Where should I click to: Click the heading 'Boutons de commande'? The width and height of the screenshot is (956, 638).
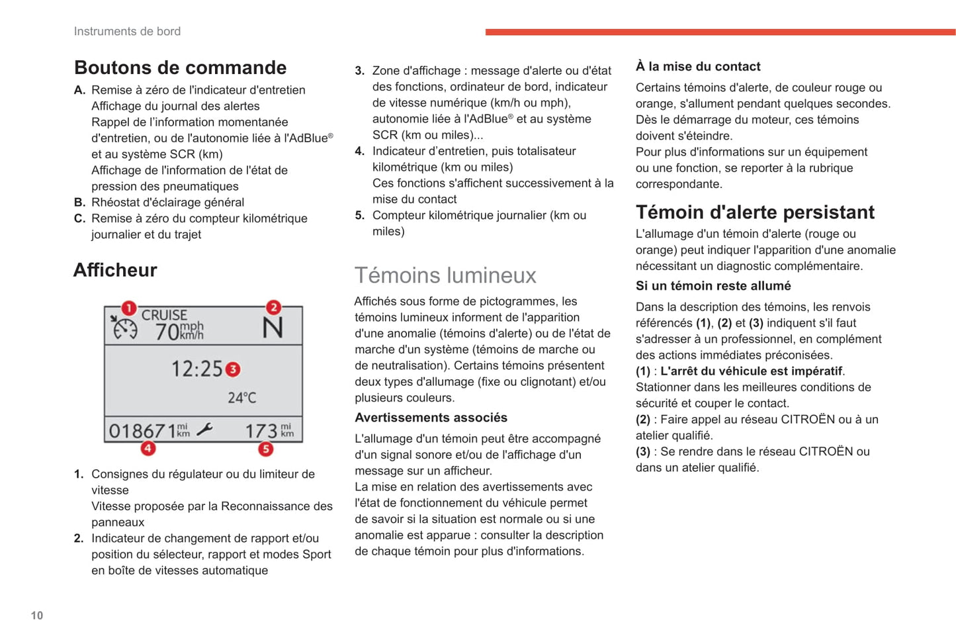click(x=180, y=68)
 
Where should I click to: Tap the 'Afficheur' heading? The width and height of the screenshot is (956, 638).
click(x=115, y=270)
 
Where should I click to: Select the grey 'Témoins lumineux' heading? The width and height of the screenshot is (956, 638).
click(x=445, y=275)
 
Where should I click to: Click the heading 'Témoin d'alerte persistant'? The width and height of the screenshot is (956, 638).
click(x=755, y=212)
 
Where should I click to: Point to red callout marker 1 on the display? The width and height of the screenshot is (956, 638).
click(x=128, y=308)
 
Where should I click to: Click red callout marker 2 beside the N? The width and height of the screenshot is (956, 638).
click(x=273, y=308)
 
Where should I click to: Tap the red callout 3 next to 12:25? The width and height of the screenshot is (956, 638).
click(x=233, y=369)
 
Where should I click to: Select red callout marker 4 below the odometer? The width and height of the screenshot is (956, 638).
click(x=148, y=449)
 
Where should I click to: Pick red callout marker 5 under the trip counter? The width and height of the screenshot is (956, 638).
click(x=265, y=449)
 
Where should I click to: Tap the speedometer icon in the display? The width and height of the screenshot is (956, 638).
click(x=124, y=328)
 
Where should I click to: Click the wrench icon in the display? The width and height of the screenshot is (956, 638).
click(x=204, y=430)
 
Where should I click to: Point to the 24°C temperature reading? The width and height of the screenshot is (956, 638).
click(x=241, y=398)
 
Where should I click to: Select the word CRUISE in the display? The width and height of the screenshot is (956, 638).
click(x=164, y=315)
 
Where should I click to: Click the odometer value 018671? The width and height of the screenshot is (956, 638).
click(x=142, y=432)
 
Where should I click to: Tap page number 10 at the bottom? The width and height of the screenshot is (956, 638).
click(x=37, y=615)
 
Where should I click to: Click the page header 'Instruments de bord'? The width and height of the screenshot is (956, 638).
click(x=127, y=31)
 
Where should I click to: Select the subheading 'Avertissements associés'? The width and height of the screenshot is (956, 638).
click(x=431, y=418)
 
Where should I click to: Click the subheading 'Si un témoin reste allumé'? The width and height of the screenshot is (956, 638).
click(x=713, y=286)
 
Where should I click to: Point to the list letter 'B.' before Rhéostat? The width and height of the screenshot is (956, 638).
click(x=79, y=203)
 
